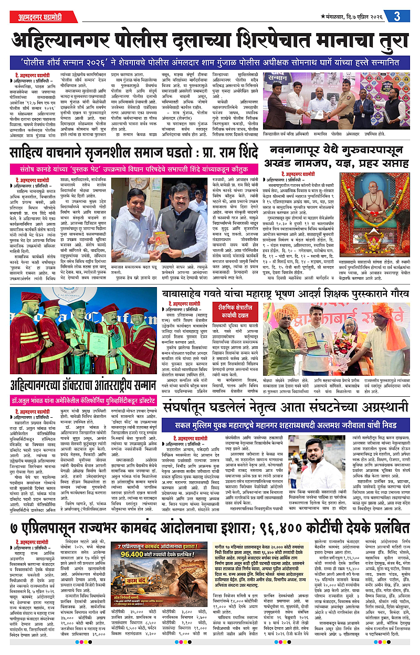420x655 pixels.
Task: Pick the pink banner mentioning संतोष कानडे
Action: coord(135,170)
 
